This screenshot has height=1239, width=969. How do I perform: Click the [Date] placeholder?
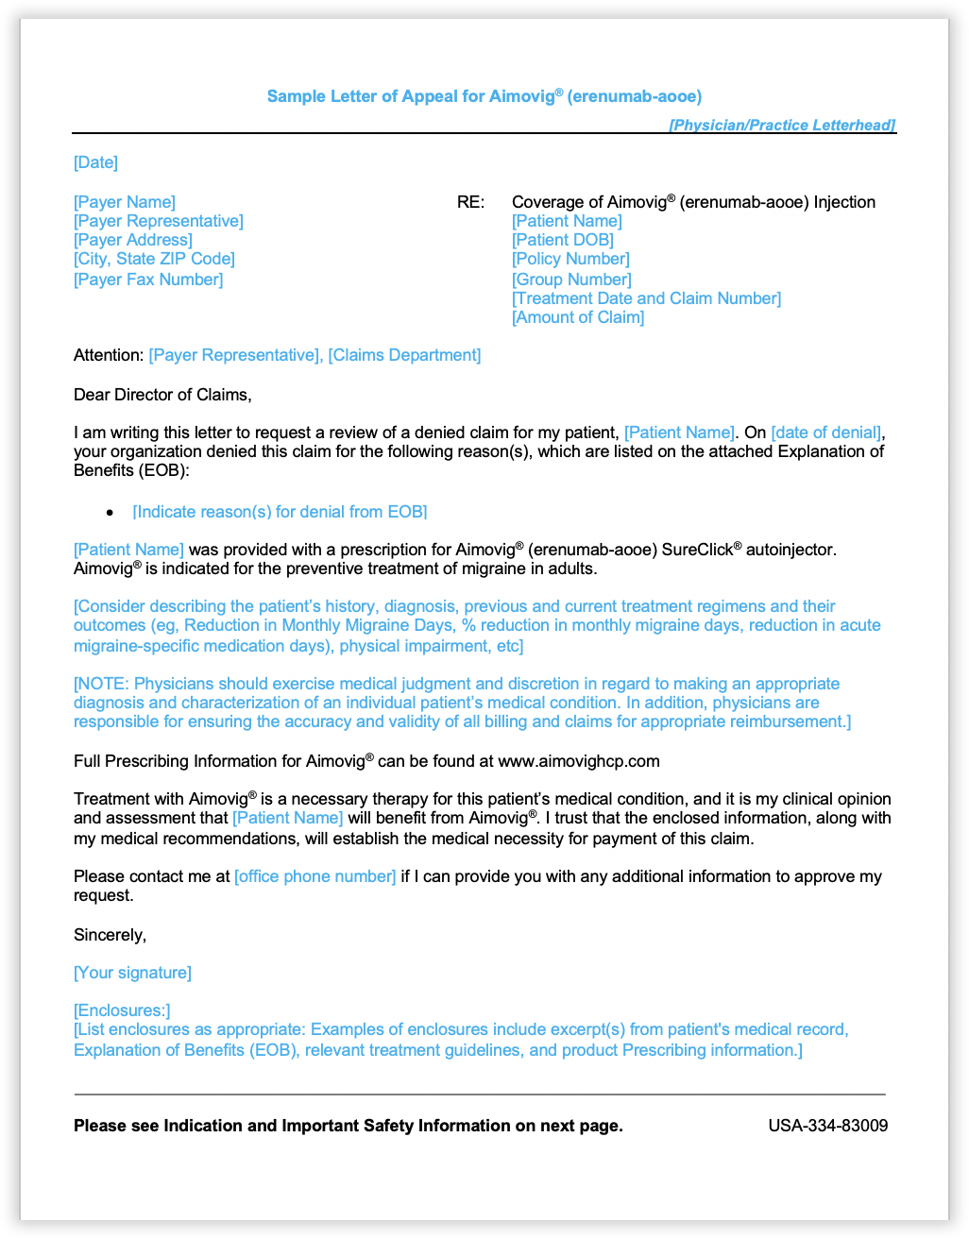(x=95, y=162)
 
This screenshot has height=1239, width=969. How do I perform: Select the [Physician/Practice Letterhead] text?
(x=782, y=125)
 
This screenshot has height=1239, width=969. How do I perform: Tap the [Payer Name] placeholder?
(x=125, y=202)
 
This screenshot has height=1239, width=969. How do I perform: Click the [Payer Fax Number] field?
(x=148, y=280)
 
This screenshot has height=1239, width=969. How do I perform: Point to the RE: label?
(x=470, y=202)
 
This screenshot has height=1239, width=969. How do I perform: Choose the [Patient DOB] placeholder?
(x=563, y=240)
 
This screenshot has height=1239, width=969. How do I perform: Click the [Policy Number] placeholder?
(x=570, y=259)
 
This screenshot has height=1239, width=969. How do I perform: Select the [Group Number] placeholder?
(x=571, y=280)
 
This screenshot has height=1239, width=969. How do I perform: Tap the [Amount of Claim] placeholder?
(x=578, y=317)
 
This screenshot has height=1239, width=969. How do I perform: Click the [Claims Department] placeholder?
(x=404, y=355)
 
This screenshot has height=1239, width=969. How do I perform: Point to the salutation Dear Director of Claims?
(x=162, y=395)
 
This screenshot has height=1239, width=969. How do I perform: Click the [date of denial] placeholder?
(x=826, y=433)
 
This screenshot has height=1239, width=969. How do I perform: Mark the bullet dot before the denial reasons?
(x=110, y=513)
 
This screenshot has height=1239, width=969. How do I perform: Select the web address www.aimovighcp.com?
(x=579, y=761)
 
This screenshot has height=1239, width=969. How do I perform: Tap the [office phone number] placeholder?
(x=315, y=876)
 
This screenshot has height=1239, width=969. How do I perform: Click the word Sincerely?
(x=110, y=935)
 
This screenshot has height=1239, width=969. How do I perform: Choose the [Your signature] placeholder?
(x=132, y=973)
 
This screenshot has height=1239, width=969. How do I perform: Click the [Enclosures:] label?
(x=122, y=1010)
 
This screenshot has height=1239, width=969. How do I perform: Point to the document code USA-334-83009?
(x=827, y=1126)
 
